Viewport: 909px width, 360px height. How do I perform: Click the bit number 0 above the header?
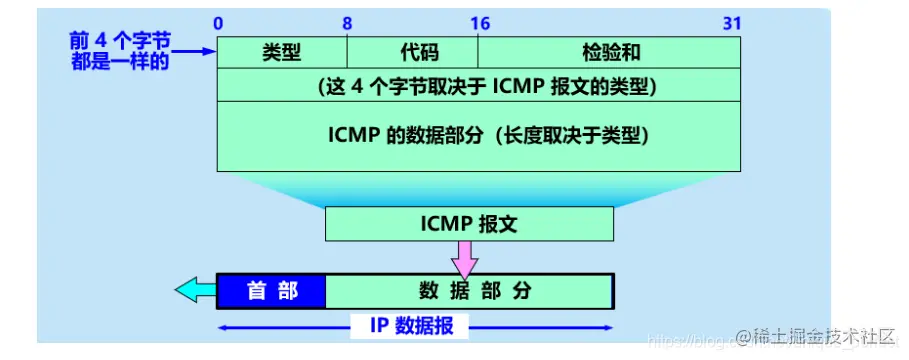(x=219, y=22)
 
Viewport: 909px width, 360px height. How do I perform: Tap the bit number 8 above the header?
(x=348, y=22)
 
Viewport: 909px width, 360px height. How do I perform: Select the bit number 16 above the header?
(x=478, y=22)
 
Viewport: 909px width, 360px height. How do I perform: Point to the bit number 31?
(x=733, y=22)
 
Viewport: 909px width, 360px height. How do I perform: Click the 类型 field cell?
(x=282, y=53)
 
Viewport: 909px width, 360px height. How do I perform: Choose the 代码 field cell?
(x=412, y=53)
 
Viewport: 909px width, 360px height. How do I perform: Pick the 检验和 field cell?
(x=609, y=53)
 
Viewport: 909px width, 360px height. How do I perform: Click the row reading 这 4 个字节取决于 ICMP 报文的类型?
(x=479, y=86)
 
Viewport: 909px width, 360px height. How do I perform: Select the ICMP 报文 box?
(x=469, y=224)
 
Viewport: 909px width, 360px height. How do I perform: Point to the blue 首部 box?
(x=272, y=291)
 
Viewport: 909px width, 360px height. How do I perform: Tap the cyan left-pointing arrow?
(x=195, y=291)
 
